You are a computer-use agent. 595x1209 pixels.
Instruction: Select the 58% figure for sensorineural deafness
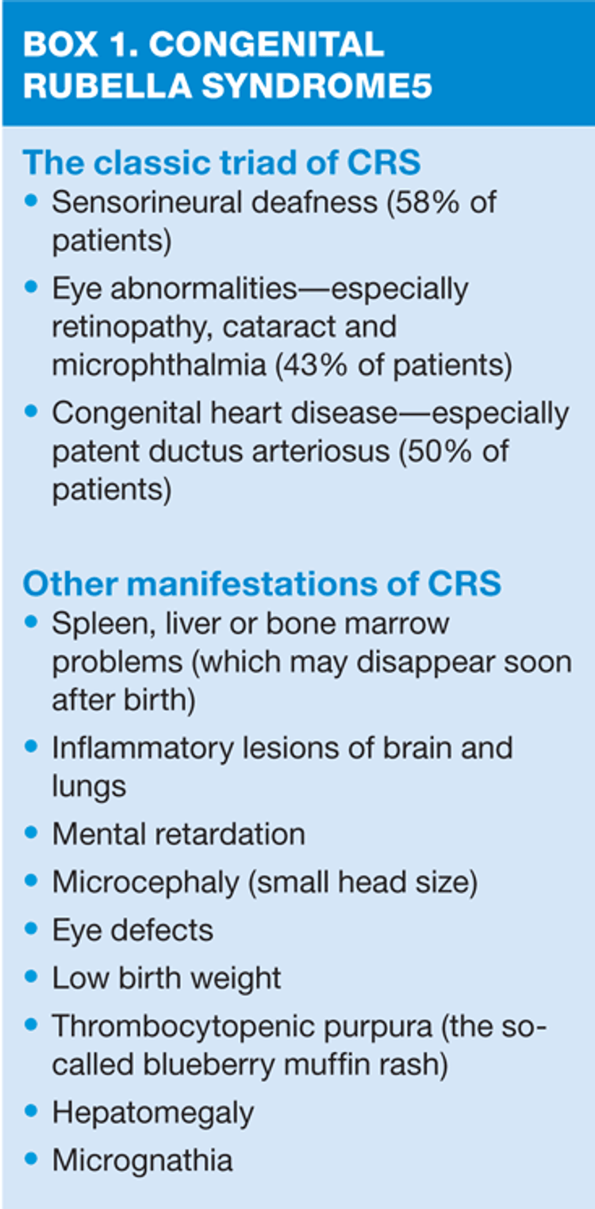pyautogui.click(x=422, y=202)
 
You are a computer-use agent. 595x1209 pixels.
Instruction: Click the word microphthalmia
pyautogui.click(x=159, y=365)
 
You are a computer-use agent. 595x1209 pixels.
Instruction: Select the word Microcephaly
pyautogui.click(x=146, y=883)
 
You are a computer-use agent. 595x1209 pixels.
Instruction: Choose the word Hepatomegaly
pyautogui.click(x=153, y=1114)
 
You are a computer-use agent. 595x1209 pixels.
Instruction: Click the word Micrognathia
pyautogui.click(x=143, y=1161)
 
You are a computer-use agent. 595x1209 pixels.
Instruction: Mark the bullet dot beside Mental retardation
pyautogui.click(x=31, y=832)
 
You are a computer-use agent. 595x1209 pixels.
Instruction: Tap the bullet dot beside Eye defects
pyautogui.click(x=31, y=929)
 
